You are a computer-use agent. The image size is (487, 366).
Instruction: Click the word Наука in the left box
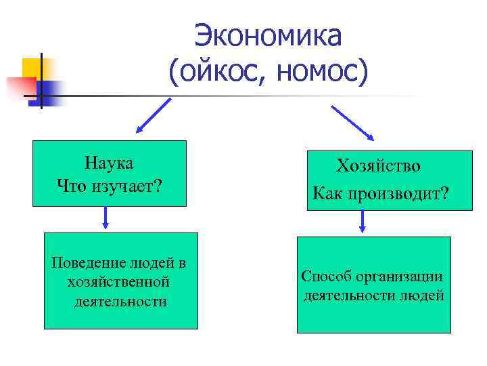(109, 163)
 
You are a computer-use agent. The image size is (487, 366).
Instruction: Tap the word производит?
(398, 195)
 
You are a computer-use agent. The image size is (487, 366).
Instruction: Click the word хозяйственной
(119, 281)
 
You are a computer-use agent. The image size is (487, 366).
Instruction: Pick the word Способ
(324, 277)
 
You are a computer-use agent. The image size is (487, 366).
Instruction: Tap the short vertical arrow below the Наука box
(106, 218)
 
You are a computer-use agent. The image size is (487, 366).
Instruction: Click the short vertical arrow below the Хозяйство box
(364, 222)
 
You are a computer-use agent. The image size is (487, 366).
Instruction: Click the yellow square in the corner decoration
(32, 67)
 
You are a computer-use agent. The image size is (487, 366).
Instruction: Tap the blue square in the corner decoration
(50, 89)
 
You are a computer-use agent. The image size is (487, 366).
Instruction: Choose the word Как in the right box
(327, 195)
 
